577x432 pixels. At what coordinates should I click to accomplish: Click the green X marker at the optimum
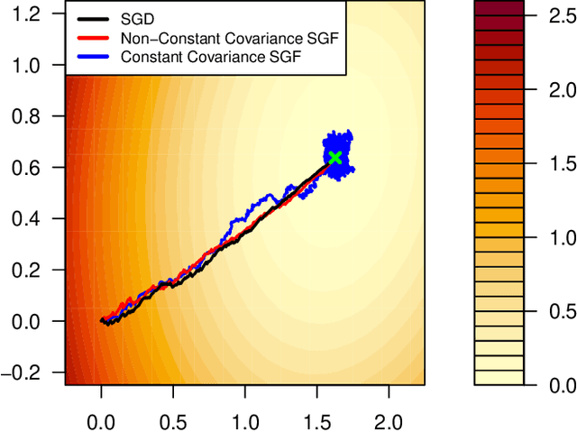[335, 158]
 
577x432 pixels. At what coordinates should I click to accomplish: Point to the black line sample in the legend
[92, 19]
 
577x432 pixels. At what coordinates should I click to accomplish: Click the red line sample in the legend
[92, 37]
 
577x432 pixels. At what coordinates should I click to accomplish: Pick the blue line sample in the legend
[92, 55]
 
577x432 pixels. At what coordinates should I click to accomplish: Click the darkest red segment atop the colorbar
[499, 8]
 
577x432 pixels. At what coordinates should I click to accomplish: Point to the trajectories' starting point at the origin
[101, 320]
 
